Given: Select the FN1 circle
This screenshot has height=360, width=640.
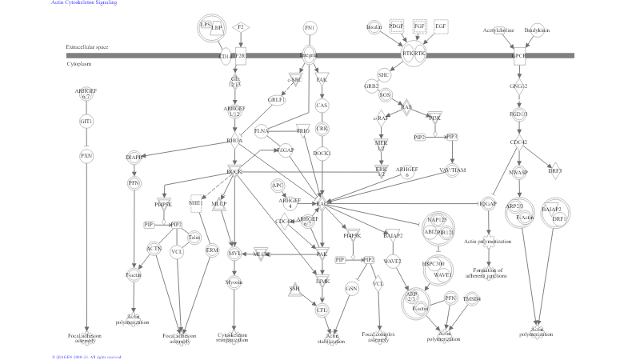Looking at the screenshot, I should (310, 28).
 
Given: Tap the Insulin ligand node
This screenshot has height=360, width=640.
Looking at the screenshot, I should (374, 27).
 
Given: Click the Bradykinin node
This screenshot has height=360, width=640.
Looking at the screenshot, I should (537, 30).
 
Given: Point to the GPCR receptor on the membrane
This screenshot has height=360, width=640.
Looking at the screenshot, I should (520, 56).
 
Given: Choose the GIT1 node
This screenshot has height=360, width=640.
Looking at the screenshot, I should (86, 121).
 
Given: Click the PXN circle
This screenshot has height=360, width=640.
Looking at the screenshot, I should (86, 155).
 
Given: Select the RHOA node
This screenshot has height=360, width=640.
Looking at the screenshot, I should (234, 141).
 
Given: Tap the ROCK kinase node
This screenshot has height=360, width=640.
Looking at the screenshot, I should (234, 171).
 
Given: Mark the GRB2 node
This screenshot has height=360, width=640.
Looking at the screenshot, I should (371, 85).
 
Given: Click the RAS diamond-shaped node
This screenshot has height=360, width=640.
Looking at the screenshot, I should (406, 107).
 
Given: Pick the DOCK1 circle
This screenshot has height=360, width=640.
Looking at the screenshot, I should (322, 153).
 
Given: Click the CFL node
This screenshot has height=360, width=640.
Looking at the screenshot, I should (322, 310).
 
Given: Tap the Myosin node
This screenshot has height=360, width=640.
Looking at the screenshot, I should (234, 282).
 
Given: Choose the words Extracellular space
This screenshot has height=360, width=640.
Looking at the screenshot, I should (87, 47).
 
